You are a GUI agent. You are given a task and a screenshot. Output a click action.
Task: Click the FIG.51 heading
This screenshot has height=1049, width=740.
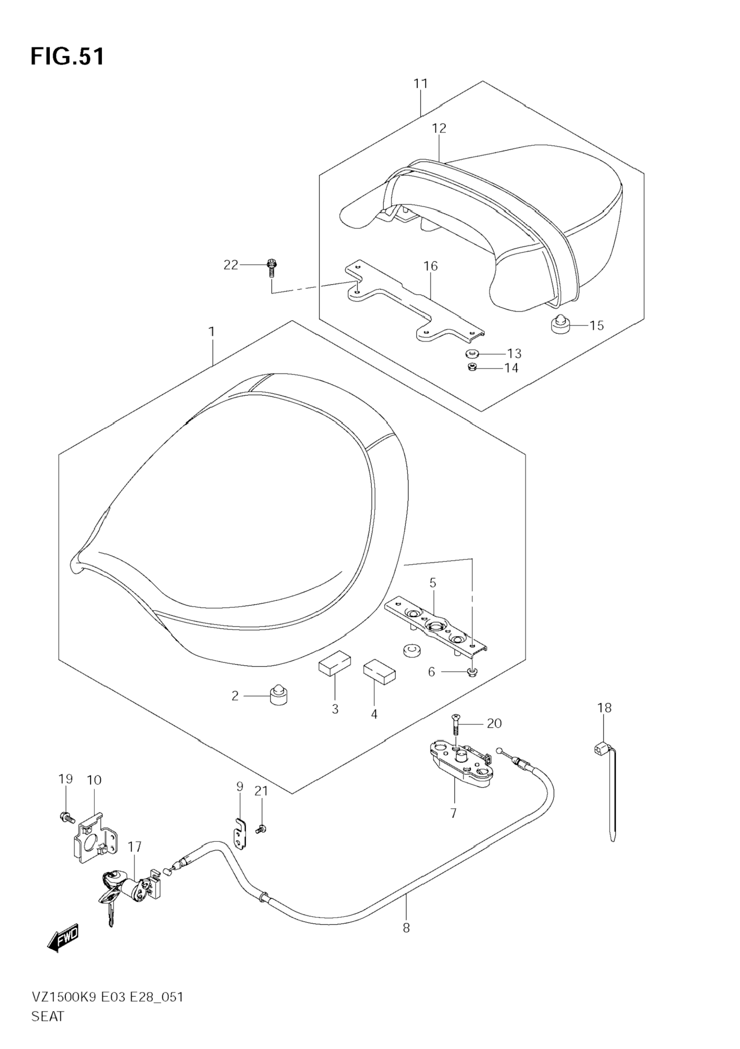[x=68, y=57]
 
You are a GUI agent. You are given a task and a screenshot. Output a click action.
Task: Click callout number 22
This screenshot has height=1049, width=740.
[x=231, y=265]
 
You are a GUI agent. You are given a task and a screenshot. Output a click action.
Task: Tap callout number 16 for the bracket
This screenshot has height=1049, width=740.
[x=430, y=266]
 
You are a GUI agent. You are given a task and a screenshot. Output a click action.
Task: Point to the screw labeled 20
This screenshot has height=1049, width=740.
[x=456, y=726]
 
